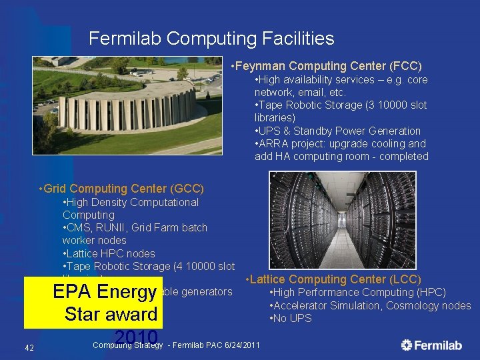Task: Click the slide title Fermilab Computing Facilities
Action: pos(211,39)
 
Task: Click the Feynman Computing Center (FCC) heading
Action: pos(326,66)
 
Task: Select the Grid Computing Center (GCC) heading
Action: pos(122,189)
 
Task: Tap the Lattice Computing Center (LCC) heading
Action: pos(333,279)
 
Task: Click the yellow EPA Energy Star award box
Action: pos(93,303)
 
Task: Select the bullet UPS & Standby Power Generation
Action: pos(337,131)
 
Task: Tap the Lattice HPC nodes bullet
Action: pos(109,253)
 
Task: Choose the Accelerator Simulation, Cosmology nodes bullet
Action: pos(370,305)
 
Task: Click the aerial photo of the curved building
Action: pos(127,105)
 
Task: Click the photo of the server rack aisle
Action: pos(342,219)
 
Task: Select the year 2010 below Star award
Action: pos(136,337)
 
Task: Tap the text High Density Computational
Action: pos(130,202)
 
